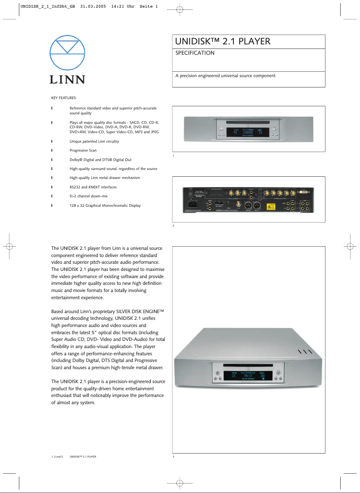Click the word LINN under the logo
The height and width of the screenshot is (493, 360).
pyautogui.click(x=67, y=79)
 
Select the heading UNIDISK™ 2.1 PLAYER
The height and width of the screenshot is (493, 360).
pyautogui.click(x=223, y=42)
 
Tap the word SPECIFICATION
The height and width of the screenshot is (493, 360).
pyautogui.click(x=195, y=53)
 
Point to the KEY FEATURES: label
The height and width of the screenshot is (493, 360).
pyautogui.click(x=64, y=98)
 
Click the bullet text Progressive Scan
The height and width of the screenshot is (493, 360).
pyautogui.click(x=83, y=150)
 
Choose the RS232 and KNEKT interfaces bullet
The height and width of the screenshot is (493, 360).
pyautogui.click(x=95, y=187)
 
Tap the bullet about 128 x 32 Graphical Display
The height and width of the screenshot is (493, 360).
pyautogui.click(x=105, y=205)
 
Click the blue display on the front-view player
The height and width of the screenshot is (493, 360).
pyautogui.click(x=248, y=132)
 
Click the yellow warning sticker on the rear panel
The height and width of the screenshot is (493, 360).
pyautogui.click(x=271, y=206)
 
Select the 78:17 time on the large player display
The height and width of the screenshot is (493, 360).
pyautogui.click(x=248, y=376)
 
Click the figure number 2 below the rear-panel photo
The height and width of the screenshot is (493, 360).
pyautogui.click(x=173, y=226)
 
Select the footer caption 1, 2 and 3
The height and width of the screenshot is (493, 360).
pyautogui.click(x=57, y=457)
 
